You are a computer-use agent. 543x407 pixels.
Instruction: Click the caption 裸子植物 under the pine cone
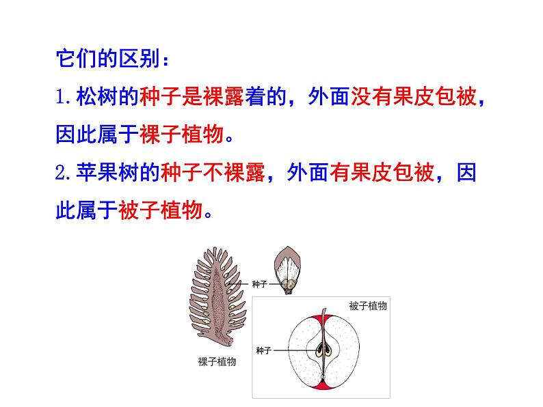tap(216, 362)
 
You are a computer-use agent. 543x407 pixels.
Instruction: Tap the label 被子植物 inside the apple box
tap(367, 306)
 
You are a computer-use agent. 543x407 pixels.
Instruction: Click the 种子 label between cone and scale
tap(259, 283)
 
